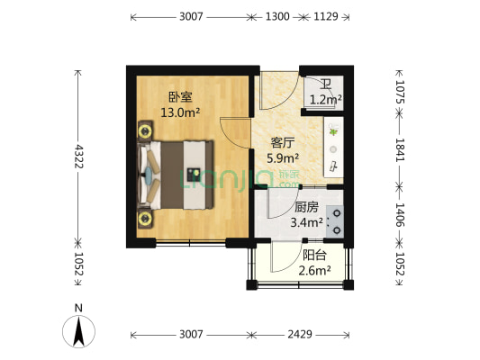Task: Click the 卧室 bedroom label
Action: [180, 96]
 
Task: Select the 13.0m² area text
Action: [180, 112]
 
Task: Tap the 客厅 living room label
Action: [284, 142]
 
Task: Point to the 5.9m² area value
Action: [284, 158]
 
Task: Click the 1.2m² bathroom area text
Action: [324, 100]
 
